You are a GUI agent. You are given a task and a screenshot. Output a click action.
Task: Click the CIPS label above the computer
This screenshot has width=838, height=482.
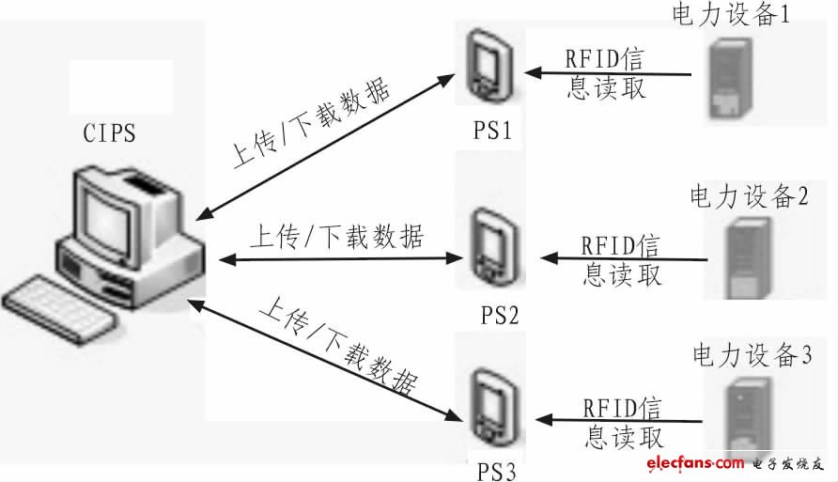click(109, 133)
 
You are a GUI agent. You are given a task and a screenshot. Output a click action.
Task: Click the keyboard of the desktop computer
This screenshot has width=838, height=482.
click(61, 303)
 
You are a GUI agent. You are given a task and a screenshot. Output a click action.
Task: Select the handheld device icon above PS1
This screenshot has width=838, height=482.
click(487, 64)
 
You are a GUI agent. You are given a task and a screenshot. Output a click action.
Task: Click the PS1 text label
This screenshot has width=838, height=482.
click(492, 131)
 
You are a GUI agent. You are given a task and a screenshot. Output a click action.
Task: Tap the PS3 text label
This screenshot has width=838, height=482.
click(491, 466)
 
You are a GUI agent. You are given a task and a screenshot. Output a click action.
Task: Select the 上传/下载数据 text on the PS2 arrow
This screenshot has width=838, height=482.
click(335, 235)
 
